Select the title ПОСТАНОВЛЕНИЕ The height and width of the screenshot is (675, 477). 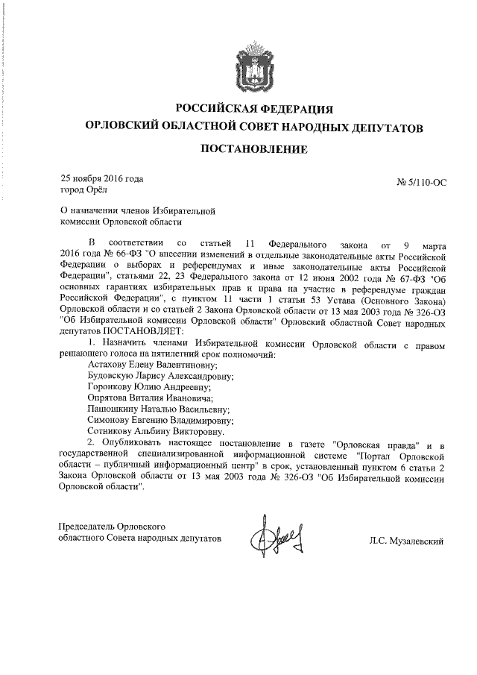(x=253, y=148)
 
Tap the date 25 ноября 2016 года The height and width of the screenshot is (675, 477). (x=101, y=178)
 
